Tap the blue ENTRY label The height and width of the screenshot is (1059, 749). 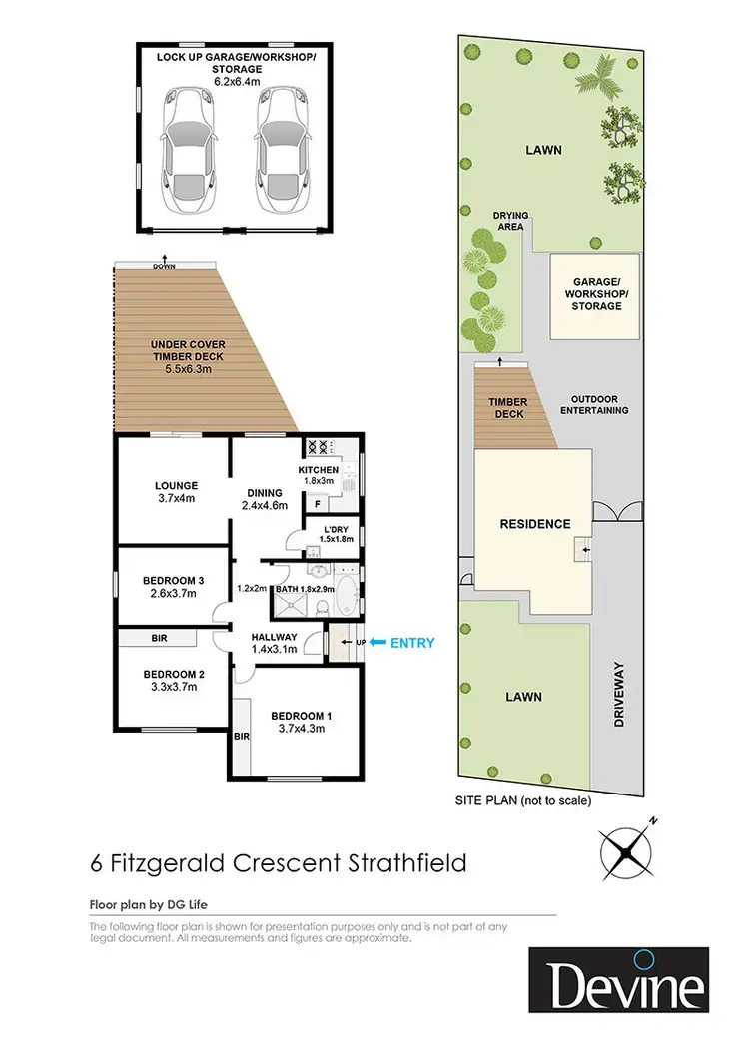pyautogui.click(x=412, y=643)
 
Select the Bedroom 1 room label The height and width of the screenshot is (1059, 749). pyautogui.click(x=300, y=716)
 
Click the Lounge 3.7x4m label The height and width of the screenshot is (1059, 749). pyautogui.click(x=175, y=493)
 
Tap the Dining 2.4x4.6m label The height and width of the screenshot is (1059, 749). pyautogui.click(x=265, y=498)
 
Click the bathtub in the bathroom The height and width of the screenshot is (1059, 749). pyautogui.click(x=346, y=594)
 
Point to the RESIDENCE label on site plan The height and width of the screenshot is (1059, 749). pyautogui.click(x=535, y=524)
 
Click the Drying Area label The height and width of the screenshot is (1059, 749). pyautogui.click(x=509, y=221)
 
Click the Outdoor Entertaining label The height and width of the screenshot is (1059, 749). pyautogui.click(x=594, y=403)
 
